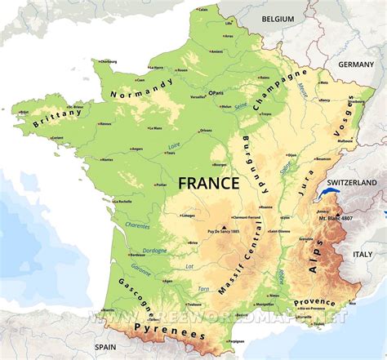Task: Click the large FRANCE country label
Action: tap(209, 183)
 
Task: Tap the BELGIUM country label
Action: tap(278, 18)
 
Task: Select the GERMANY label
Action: tap(355, 64)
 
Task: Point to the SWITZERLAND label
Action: tap(352, 182)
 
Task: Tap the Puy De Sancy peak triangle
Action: tap(224, 227)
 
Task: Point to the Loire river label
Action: tap(175, 146)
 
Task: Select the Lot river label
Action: tap(189, 266)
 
